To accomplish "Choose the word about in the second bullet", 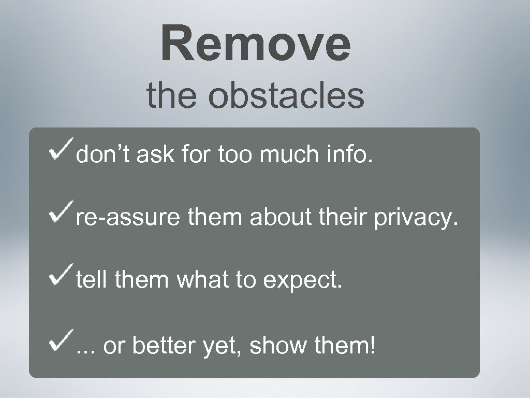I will click(280, 218).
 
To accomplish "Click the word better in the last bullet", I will click(163, 345).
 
